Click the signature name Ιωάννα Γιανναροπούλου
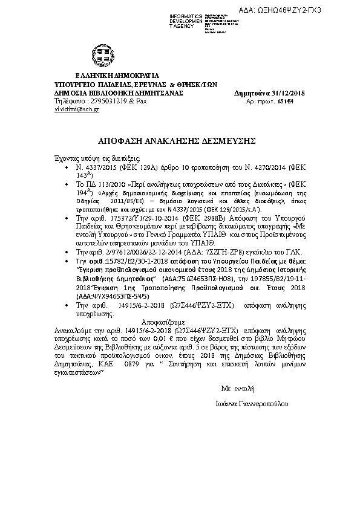(x=250, y=403)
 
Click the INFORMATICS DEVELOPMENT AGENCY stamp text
(x=186, y=20)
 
